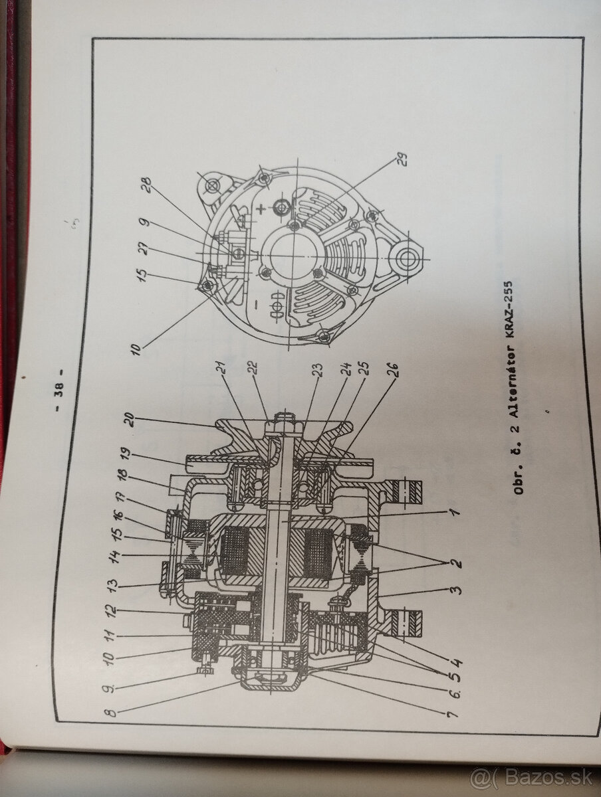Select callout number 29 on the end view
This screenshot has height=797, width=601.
point(403,159)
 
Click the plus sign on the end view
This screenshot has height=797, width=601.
point(264,208)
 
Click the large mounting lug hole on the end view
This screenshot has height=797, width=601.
point(404,256)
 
